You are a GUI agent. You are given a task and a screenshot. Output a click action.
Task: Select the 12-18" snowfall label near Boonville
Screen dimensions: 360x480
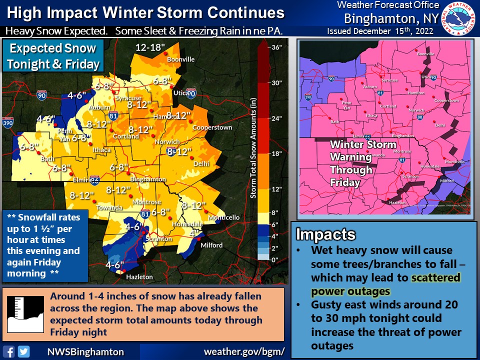pyautogui.click(x=149, y=48)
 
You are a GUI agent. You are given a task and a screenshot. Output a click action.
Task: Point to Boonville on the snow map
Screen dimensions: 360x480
pyautogui.click(x=180, y=59)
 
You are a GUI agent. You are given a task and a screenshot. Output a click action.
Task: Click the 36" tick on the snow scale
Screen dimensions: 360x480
pyautogui.click(x=275, y=47)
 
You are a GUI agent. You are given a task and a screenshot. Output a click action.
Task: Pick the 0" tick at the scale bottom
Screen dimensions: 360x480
pyautogui.click(x=273, y=259)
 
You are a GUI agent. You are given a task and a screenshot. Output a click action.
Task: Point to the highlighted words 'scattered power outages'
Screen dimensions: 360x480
pyautogui.click(x=385, y=284)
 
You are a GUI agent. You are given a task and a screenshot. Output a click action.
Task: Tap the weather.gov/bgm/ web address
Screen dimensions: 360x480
pyautogui.click(x=244, y=351)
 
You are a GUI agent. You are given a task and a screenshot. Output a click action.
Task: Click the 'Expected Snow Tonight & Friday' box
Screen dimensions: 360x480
pyautogui.click(x=53, y=56)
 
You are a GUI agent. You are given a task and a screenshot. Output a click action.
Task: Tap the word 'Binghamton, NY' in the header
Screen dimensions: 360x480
pyautogui.click(x=391, y=18)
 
